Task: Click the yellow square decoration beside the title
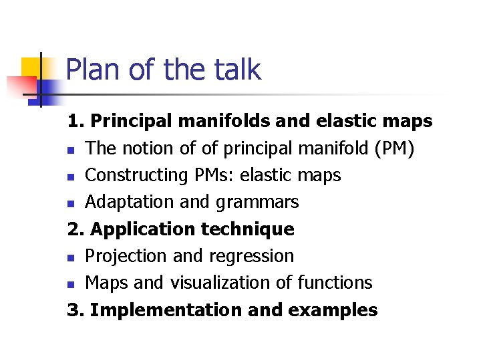(32, 70)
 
